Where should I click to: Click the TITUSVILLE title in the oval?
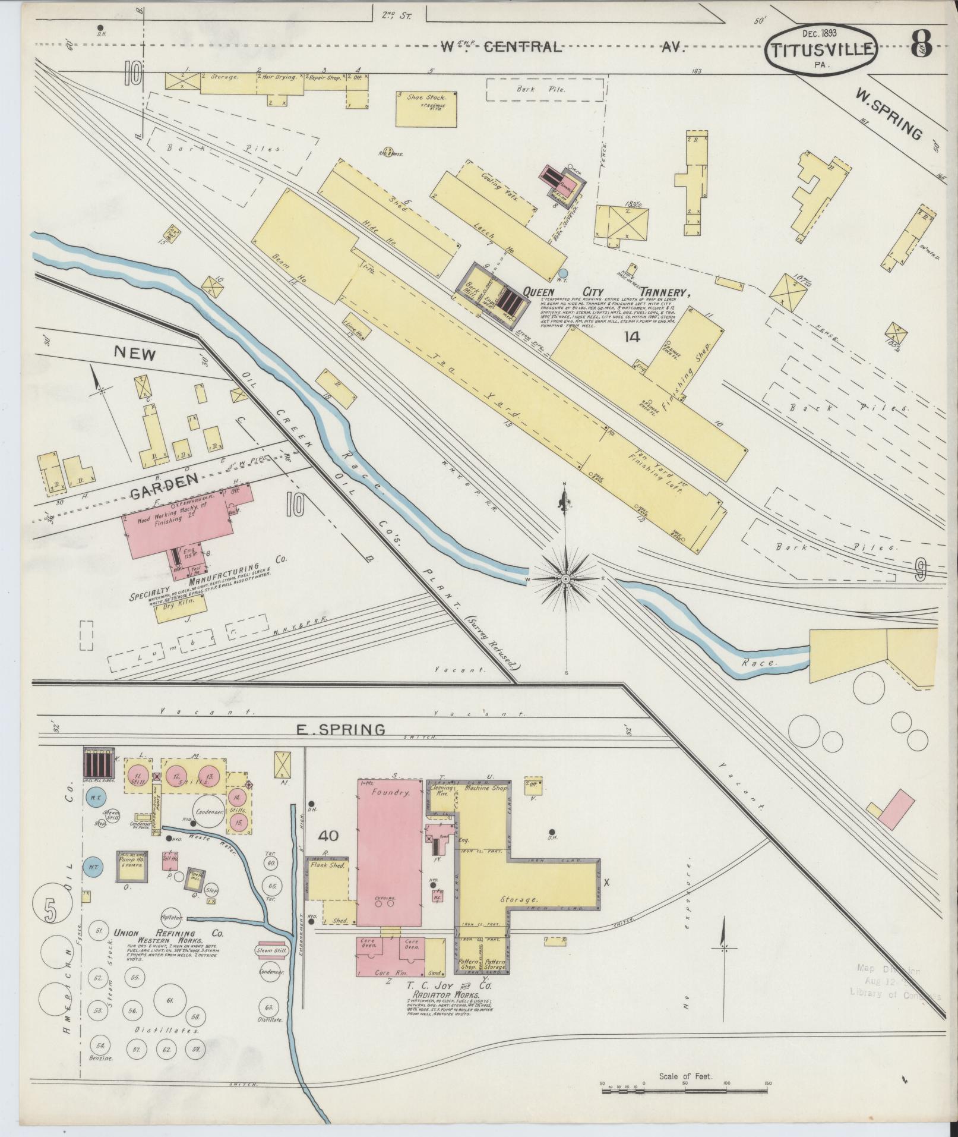tap(822, 49)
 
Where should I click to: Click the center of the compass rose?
tap(565, 578)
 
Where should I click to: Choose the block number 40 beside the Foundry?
tap(328, 836)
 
